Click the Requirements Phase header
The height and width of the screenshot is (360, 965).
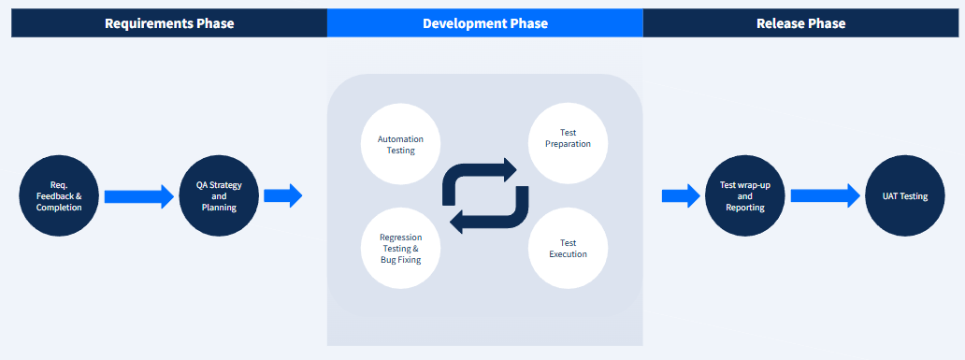pos(169,23)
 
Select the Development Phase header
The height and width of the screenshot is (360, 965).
pos(485,23)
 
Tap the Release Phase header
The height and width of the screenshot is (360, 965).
pos(800,23)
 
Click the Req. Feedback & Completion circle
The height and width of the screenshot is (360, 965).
pos(59,195)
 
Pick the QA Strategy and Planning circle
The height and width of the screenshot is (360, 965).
pos(219,195)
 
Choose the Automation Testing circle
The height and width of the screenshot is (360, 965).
pos(401,144)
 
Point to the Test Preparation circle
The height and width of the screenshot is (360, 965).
pos(569,144)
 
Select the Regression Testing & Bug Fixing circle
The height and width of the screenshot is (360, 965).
pos(401,248)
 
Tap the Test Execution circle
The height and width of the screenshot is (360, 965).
pos(569,248)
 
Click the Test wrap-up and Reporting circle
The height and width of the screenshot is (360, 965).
pos(745,195)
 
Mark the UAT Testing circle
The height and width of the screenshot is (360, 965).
pos(905,195)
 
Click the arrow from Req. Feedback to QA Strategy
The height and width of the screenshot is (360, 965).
pos(138,196)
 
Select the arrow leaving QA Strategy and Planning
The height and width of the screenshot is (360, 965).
pos(283,195)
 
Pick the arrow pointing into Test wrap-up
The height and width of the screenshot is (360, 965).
pos(681,195)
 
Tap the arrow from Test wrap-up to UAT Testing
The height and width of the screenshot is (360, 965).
pos(825,195)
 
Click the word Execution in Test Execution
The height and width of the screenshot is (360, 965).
pos(569,254)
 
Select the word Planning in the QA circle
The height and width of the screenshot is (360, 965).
pos(219,208)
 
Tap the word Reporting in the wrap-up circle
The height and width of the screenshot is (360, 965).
pos(745,208)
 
